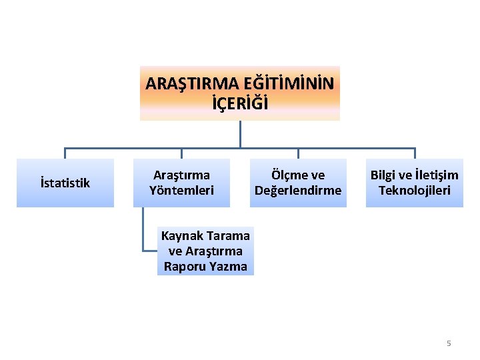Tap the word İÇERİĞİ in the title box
pos(240,104)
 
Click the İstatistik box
pos(65,183)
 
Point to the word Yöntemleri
pos(181,191)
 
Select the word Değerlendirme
pos(298,191)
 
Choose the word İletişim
pos(433,175)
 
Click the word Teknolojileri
pos(415,191)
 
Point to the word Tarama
pos(229,235)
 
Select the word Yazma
pos(229,267)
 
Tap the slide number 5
pos(449,343)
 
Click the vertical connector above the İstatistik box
pos(65,153)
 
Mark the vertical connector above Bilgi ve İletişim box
pos(415,153)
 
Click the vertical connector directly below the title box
pos(240,133)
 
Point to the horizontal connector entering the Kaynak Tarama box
pos(151,251)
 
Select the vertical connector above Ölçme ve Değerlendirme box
pos(298,153)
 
